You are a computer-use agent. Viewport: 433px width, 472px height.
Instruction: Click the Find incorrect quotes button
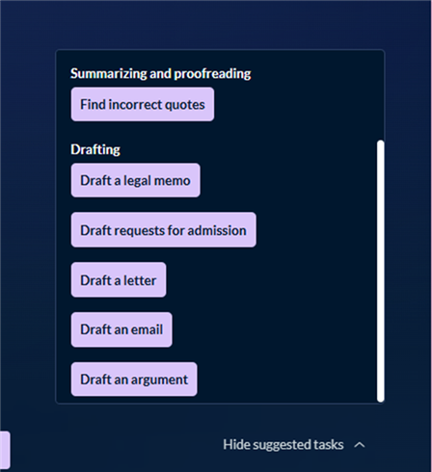(x=143, y=104)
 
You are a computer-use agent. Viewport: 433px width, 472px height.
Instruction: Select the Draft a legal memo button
(x=135, y=180)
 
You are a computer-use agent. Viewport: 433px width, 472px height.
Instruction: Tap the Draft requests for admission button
(x=163, y=230)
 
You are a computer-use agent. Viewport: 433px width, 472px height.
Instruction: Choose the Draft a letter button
(x=119, y=280)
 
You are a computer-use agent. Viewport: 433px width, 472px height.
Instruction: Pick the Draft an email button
(x=122, y=329)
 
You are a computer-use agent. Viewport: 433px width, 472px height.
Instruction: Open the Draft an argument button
(x=134, y=380)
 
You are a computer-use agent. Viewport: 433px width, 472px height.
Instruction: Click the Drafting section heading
(x=95, y=149)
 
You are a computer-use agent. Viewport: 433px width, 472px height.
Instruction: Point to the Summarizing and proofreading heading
(x=161, y=73)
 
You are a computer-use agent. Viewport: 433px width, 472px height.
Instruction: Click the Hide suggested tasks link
(x=284, y=445)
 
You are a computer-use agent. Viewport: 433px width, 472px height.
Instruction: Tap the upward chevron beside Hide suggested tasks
(x=360, y=445)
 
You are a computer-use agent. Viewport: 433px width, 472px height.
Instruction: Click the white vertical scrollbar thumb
(x=381, y=271)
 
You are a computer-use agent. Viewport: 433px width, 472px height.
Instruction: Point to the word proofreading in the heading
(x=212, y=74)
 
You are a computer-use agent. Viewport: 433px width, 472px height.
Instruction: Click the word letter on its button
(x=140, y=280)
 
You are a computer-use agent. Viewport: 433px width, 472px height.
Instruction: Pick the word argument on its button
(x=159, y=380)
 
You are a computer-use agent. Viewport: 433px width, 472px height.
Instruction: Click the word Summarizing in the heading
(x=109, y=74)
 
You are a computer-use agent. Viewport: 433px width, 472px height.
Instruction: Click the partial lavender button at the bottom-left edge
(x=5, y=450)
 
